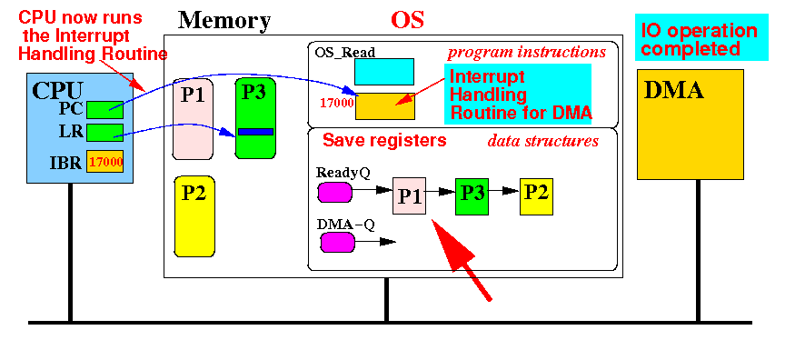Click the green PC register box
click(x=104, y=110)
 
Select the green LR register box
click(x=104, y=133)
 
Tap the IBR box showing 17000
click(x=104, y=161)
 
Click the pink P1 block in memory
click(x=193, y=118)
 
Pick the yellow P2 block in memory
click(x=194, y=216)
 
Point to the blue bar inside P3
click(x=255, y=132)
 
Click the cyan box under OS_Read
click(x=384, y=72)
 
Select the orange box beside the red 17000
click(x=385, y=106)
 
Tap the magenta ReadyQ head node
click(x=335, y=192)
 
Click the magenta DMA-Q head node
click(x=337, y=243)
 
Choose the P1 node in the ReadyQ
click(x=409, y=195)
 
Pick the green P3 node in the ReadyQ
click(x=472, y=195)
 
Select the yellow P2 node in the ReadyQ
click(x=536, y=196)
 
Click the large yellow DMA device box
click(x=691, y=125)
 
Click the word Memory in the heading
click(x=224, y=21)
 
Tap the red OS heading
click(x=408, y=21)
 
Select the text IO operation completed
click(x=700, y=39)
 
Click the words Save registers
click(x=384, y=141)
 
